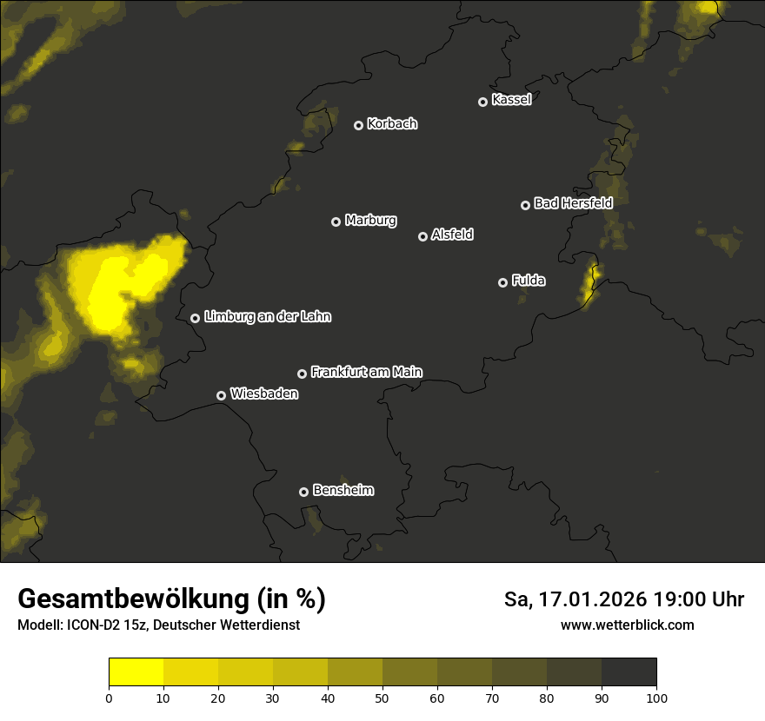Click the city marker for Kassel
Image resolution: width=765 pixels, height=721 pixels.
tap(483, 103)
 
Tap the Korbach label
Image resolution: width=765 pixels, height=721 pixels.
tap(392, 124)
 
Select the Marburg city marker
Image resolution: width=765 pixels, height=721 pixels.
tap(336, 222)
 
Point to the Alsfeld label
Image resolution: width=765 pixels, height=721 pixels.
tap(452, 235)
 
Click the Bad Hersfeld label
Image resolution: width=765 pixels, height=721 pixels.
tap(573, 203)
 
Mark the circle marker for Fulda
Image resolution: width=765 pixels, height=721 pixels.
tap(502, 282)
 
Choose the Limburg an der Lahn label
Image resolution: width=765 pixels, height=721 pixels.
tap(267, 317)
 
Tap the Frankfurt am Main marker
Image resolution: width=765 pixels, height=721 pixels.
tap(303, 374)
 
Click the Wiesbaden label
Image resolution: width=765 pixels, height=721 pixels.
tap(264, 394)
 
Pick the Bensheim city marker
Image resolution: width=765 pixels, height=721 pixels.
tap(303, 492)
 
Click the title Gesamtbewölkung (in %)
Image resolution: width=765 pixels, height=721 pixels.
tap(171, 599)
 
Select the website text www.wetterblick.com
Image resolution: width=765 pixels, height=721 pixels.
tap(627, 625)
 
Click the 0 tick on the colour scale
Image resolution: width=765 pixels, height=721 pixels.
tap(109, 697)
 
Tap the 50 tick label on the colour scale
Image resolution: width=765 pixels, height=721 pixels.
tap(382, 697)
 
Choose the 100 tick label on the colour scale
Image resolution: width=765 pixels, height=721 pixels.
tap(656, 697)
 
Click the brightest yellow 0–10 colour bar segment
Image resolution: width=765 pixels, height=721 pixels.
tap(136, 672)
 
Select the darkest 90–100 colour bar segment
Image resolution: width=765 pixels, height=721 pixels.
tap(629, 672)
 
